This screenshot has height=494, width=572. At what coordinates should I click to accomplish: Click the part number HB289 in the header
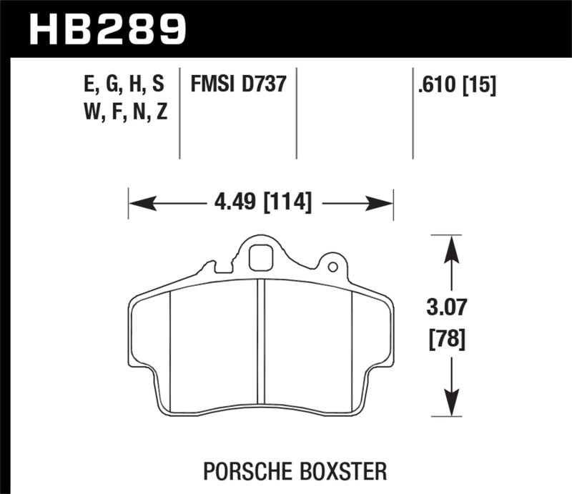coord(107,29)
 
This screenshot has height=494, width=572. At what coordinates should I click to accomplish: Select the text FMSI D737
coord(238,86)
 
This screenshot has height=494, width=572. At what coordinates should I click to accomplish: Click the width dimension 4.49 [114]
coord(262,203)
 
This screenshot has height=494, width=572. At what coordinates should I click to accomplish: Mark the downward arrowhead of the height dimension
coord(450,402)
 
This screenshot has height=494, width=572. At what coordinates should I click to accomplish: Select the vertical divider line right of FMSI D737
coord(296,114)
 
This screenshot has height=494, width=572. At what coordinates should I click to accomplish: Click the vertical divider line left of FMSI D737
coord(179,114)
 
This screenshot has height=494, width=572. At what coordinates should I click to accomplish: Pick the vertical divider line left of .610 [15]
coord(413,114)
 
